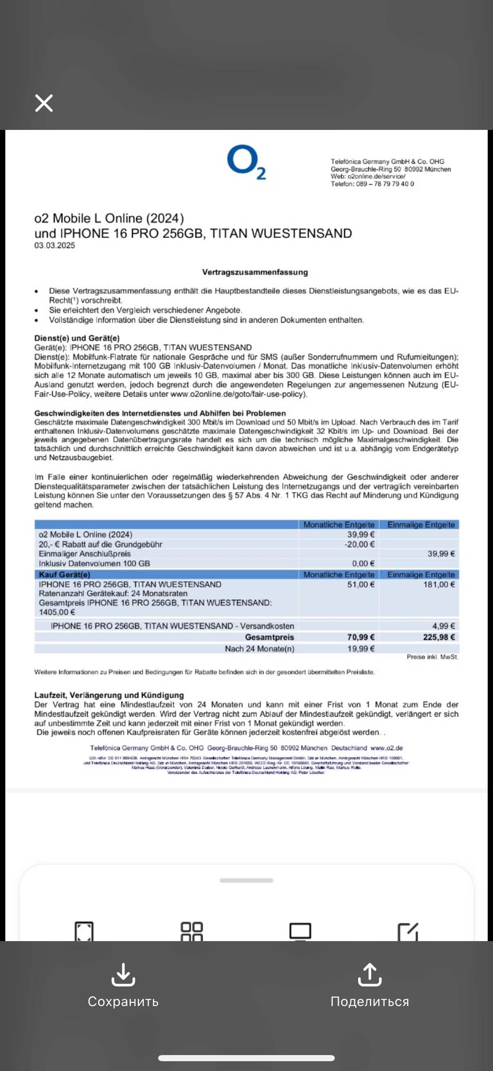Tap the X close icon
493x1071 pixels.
pyautogui.click(x=44, y=103)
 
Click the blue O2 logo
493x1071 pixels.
pyautogui.click(x=246, y=162)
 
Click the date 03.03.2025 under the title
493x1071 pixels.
pyautogui.click(x=54, y=245)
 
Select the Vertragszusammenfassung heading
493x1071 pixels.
pyautogui.click(x=255, y=272)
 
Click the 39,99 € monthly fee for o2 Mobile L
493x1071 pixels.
pyautogui.click(x=361, y=535)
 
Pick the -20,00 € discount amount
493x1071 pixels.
pyautogui.click(x=359, y=544)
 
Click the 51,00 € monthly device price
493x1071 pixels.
pyautogui.click(x=361, y=585)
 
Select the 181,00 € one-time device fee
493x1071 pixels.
pyautogui.click(x=439, y=585)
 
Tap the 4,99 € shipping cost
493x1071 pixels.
pyautogui.click(x=444, y=626)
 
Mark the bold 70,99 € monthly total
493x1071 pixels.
pyautogui.click(x=361, y=637)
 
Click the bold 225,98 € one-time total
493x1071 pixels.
pyautogui.click(x=439, y=637)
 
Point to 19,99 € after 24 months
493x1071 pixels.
pyautogui.click(x=361, y=649)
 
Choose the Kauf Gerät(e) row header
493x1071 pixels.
pyautogui.click(x=65, y=575)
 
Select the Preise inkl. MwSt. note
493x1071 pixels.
pyautogui.click(x=432, y=657)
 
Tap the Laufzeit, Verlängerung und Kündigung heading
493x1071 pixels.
pyautogui.click(x=109, y=695)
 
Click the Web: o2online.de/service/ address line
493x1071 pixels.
pyautogui.click(x=368, y=176)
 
